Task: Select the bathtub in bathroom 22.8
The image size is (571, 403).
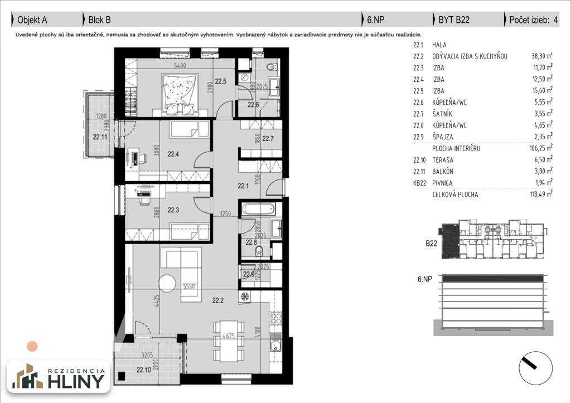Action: [x=257, y=211]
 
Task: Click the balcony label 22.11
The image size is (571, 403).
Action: [x=100, y=135]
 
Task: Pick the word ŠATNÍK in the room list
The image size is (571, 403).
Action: [x=442, y=114]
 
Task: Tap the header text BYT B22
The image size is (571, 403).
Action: [x=454, y=20]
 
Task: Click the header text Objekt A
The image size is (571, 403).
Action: [x=32, y=20]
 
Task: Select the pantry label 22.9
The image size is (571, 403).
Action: [x=248, y=274]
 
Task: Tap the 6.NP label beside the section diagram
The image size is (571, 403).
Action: [x=425, y=279]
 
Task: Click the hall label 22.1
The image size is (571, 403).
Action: [x=243, y=187]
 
